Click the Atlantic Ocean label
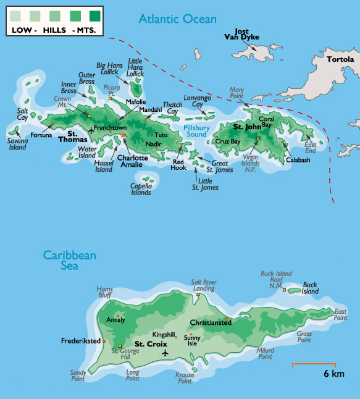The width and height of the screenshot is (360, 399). click(178, 19)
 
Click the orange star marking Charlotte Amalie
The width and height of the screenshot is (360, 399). click(123, 134)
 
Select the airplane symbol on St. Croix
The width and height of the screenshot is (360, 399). click(165, 353)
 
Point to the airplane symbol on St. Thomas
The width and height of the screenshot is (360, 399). click(92, 130)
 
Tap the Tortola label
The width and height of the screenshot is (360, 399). click(341, 59)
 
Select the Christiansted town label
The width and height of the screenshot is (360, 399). click(211, 322)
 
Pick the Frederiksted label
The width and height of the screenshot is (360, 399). click(81, 340)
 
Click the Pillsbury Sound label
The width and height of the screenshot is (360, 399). click(196, 130)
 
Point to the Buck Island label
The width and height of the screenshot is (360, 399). click(310, 288)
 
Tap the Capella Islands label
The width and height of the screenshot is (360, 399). click(141, 189)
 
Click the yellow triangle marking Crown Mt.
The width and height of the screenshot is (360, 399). click(89, 115)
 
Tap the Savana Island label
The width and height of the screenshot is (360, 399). click(17, 145)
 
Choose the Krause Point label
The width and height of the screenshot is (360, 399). click(185, 378)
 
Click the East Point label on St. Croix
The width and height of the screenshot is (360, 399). click(340, 314)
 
